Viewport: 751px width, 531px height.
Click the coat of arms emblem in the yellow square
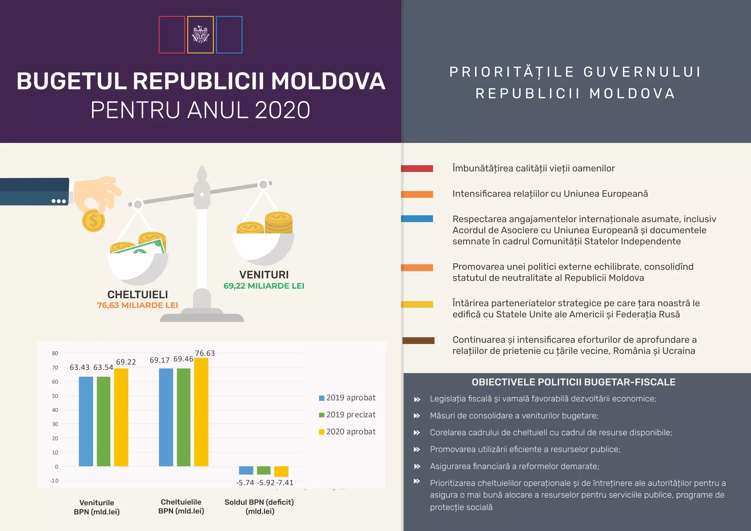[200, 34]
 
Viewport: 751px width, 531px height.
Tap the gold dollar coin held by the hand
[94, 221]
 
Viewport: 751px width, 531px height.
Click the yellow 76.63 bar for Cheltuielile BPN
[201, 412]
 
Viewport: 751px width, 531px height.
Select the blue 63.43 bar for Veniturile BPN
[86, 421]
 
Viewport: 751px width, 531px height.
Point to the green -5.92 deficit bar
[264, 470]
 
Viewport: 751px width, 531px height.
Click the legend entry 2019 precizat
[347, 415]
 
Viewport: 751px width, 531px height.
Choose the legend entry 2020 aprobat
[347, 432]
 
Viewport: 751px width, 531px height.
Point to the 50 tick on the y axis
[55, 396]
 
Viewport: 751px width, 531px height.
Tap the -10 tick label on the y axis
[54, 481]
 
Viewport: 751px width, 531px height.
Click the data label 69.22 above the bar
[126, 362]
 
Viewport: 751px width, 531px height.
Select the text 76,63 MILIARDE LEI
[138, 305]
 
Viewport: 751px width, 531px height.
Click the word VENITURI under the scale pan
[264, 275]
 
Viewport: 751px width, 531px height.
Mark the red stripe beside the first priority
[417, 169]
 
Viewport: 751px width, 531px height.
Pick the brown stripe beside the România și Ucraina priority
[418, 340]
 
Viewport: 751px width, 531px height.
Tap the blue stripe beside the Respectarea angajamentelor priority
[417, 219]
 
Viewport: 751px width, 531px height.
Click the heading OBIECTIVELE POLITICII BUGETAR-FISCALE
[574, 382]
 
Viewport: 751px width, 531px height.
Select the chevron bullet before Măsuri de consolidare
[417, 416]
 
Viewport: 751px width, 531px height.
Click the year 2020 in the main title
[282, 110]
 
